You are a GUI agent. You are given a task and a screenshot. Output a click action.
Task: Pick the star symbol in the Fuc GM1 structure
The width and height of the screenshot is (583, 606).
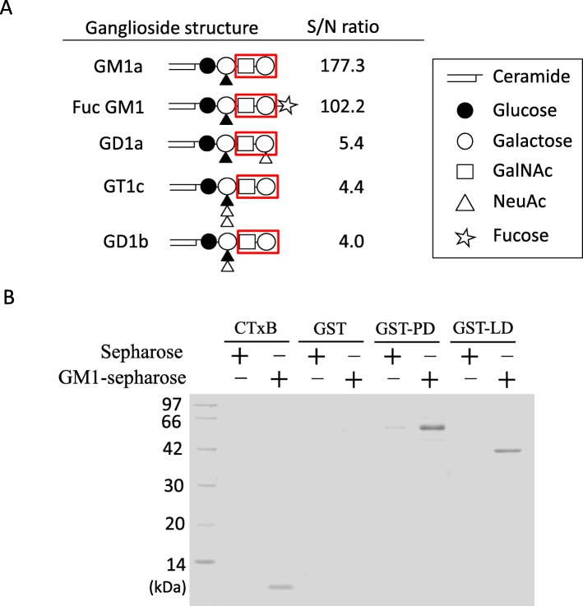pyautogui.click(x=287, y=105)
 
